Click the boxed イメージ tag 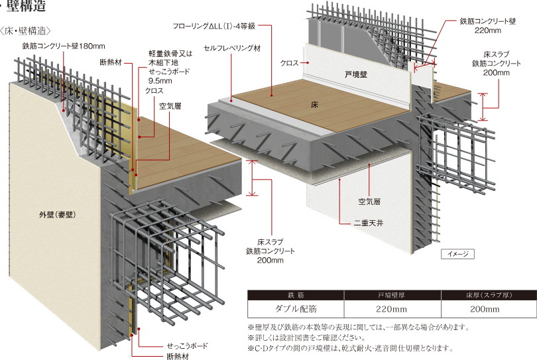(457, 254)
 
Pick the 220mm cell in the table (391, 310)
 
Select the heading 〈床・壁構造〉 (27, 30)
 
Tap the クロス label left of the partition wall (289, 62)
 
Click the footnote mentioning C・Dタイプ (350, 348)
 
